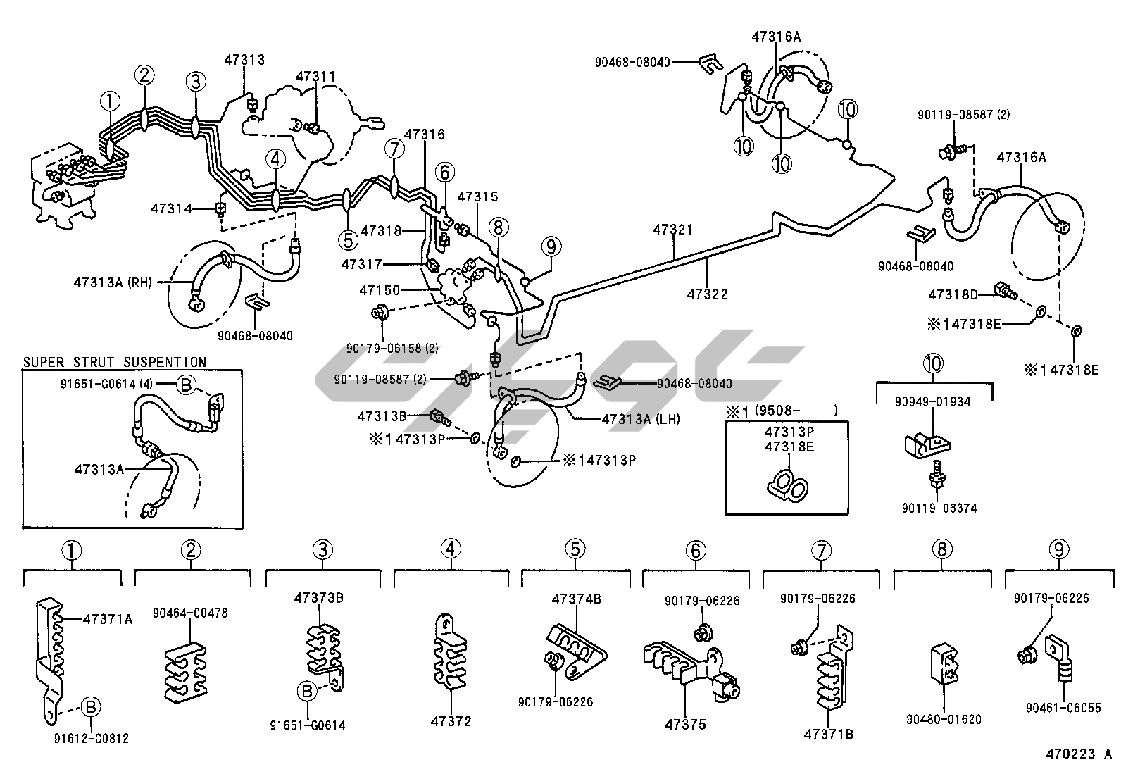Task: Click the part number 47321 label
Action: (672, 230)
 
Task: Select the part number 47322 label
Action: (707, 294)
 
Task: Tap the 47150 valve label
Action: (380, 290)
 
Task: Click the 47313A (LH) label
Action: (641, 419)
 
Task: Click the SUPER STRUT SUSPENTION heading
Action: (115, 362)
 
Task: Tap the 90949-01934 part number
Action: (933, 402)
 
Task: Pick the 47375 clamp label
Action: (685, 724)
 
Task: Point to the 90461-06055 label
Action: (1063, 708)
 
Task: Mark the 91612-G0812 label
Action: (91, 738)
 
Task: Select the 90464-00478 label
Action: (190, 613)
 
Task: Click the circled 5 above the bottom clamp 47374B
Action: (575, 549)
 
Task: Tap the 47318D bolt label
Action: (953, 294)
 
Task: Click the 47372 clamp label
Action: (451, 721)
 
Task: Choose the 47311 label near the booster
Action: (315, 76)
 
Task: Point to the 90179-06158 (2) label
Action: (392, 347)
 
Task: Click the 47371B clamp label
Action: (828, 734)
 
